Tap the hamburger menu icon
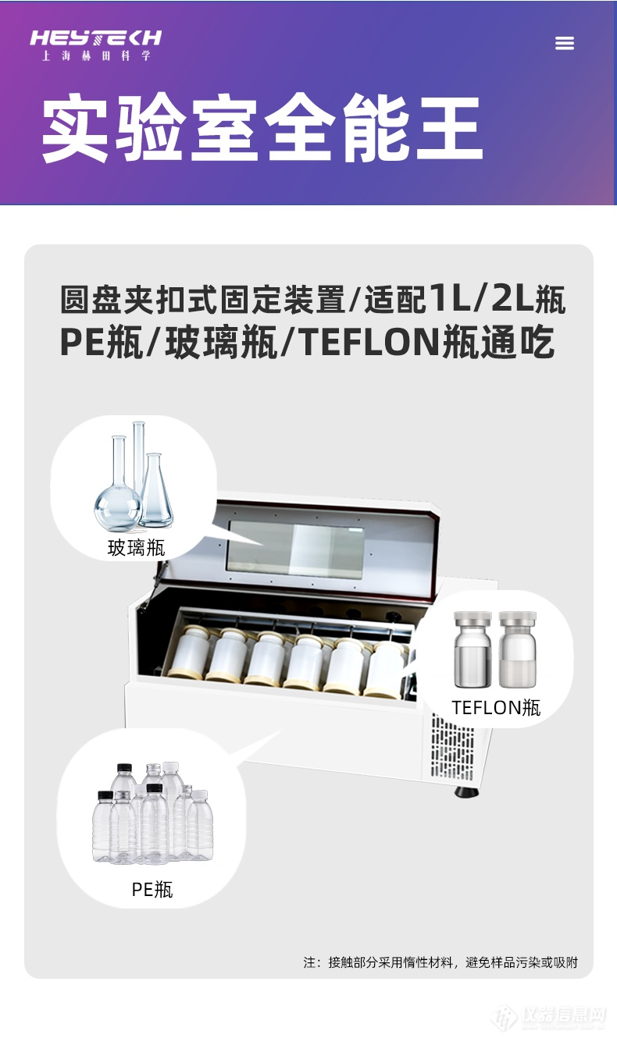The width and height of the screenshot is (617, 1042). pyautogui.click(x=565, y=43)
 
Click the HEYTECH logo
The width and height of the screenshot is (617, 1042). pyautogui.click(x=96, y=38)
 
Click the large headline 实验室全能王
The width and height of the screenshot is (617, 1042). pyautogui.click(x=262, y=128)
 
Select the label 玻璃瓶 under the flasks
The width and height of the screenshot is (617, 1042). pyautogui.click(x=137, y=547)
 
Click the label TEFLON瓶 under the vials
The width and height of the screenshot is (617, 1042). pyautogui.click(x=496, y=707)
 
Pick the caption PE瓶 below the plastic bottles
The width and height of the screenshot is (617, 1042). pyautogui.click(x=152, y=890)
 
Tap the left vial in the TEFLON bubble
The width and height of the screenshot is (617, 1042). pyautogui.click(x=473, y=649)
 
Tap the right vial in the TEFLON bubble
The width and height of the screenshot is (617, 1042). pyautogui.click(x=518, y=649)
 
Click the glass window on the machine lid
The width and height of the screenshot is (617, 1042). pyautogui.click(x=295, y=549)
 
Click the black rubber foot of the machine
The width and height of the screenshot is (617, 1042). pyautogui.click(x=466, y=791)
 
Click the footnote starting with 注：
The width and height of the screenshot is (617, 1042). pyautogui.click(x=440, y=962)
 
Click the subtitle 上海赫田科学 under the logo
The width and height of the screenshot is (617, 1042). pyautogui.click(x=96, y=56)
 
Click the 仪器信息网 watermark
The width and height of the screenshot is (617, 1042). pyautogui.click(x=563, y=1015)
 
